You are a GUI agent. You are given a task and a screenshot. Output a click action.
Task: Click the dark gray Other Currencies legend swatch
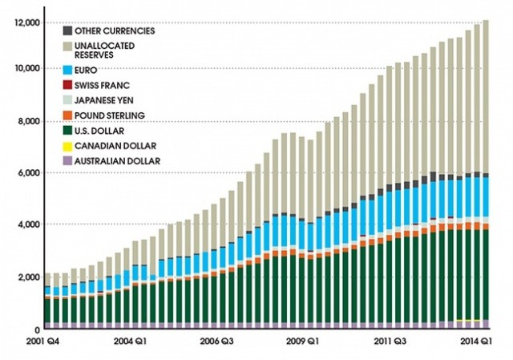click(x=69, y=30)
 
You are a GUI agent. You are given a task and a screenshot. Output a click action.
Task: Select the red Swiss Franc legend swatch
click(x=69, y=86)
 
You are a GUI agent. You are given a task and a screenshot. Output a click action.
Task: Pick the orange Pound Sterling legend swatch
click(x=69, y=115)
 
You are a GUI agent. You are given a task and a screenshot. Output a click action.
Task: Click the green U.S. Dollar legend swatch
click(x=69, y=131)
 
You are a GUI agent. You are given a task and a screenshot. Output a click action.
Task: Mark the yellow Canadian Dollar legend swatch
click(x=69, y=145)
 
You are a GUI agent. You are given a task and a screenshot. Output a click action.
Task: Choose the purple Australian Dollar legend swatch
click(x=69, y=160)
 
